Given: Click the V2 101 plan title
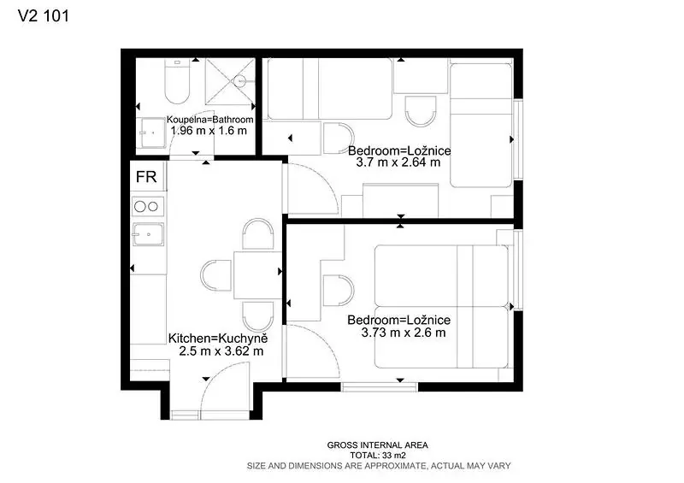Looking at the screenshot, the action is coord(44,16).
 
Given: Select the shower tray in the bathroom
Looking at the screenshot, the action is coord(230,81).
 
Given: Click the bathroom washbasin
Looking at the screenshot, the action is coord(152,133).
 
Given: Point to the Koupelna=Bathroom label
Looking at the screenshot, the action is coord(209,120).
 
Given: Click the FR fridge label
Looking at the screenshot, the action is coord(146,177).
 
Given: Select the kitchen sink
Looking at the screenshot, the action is coord(148,234).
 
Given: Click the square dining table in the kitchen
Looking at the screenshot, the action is coord(257,275).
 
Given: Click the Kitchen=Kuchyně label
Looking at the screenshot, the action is coord(218,339).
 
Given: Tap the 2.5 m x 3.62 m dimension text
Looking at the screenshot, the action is coord(221,351).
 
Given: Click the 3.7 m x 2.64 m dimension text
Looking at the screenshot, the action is coord(398,162).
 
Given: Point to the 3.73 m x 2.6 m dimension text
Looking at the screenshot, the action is coord(404,333).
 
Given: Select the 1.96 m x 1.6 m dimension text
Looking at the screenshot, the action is coord(209,131).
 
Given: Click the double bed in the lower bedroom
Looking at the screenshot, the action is coord(441,306).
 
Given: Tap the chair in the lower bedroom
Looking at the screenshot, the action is coord(338,290).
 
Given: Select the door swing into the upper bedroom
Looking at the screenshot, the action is coord(312,188).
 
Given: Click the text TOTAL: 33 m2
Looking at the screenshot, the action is coord(378,456).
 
